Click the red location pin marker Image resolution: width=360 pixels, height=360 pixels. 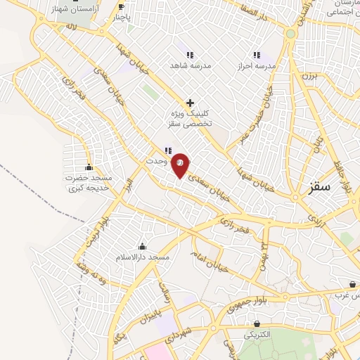click(180, 165)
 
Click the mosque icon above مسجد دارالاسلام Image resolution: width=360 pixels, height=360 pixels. click(143, 246)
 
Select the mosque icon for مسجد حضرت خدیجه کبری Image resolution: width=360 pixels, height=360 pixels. click(89, 167)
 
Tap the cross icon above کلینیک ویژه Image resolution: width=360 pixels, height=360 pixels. click(190, 103)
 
